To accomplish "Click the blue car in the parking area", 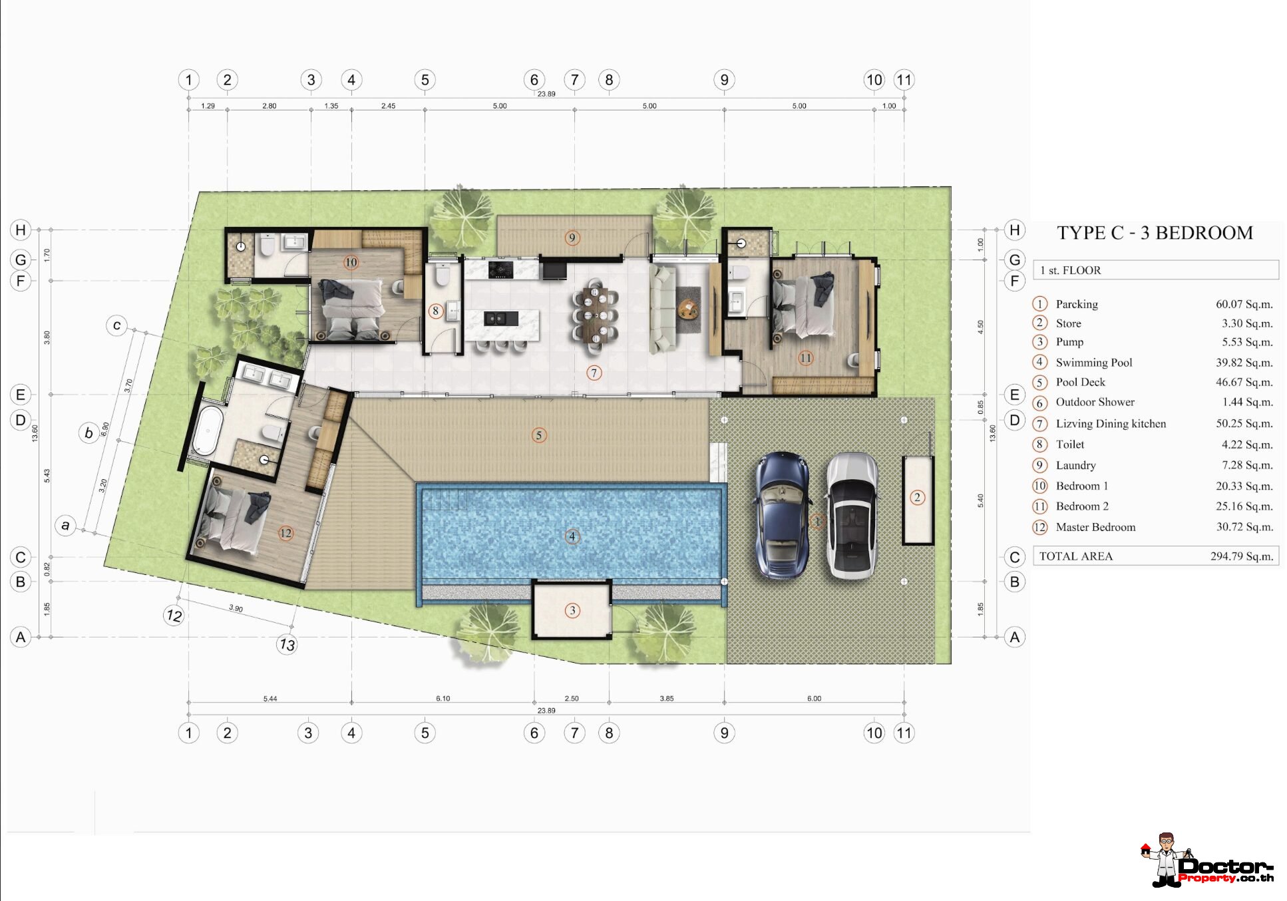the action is pyautogui.click(x=782, y=515).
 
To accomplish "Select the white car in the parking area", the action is pyautogui.click(x=851, y=515).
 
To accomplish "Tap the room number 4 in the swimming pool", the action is pyautogui.click(x=572, y=536).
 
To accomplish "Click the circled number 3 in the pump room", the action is pyautogui.click(x=572, y=610).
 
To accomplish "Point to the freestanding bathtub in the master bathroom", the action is pyautogui.click(x=208, y=431).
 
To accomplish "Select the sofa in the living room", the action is pyautogui.click(x=662, y=309).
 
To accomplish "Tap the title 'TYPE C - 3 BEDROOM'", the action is pyautogui.click(x=1155, y=233).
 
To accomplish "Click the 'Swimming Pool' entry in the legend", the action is pyautogui.click(x=1093, y=363).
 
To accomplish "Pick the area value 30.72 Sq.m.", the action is pyautogui.click(x=1244, y=527).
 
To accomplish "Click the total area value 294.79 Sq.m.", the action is pyautogui.click(x=1241, y=556).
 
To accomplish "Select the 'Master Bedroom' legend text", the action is pyautogui.click(x=1095, y=527).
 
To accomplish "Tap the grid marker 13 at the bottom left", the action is pyautogui.click(x=287, y=644).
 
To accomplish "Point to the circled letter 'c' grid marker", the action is pyautogui.click(x=116, y=325).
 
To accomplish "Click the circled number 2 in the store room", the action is pyautogui.click(x=917, y=497).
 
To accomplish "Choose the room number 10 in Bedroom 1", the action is pyautogui.click(x=351, y=263).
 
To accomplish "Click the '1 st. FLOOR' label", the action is pyautogui.click(x=1070, y=270).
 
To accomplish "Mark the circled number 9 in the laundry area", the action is pyautogui.click(x=572, y=238).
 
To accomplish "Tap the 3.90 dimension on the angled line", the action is pyautogui.click(x=236, y=608).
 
